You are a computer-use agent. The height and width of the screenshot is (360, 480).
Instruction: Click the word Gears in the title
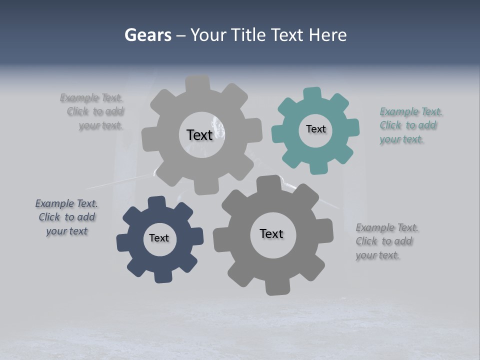point(147,35)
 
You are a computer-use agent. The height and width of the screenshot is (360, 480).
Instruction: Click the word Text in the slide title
point(288,35)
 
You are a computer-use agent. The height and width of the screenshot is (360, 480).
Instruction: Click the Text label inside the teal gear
point(315,129)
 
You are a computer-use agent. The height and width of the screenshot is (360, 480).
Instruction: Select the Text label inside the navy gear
point(159,238)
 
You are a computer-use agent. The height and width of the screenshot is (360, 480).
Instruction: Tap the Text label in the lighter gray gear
point(199,135)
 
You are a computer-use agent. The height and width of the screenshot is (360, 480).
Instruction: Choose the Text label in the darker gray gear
point(271,233)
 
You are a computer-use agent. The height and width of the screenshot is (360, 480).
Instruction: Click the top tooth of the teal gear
point(313,94)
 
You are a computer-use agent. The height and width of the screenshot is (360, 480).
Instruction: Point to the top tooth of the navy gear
point(157,203)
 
